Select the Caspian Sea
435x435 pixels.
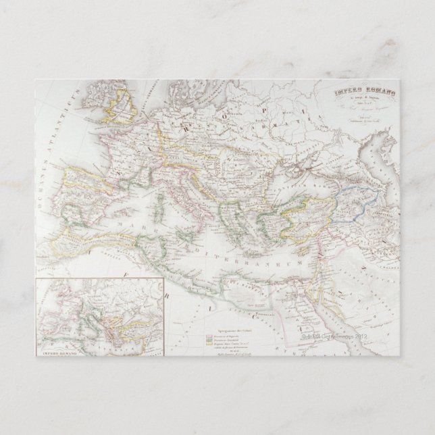click(x=375, y=162)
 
